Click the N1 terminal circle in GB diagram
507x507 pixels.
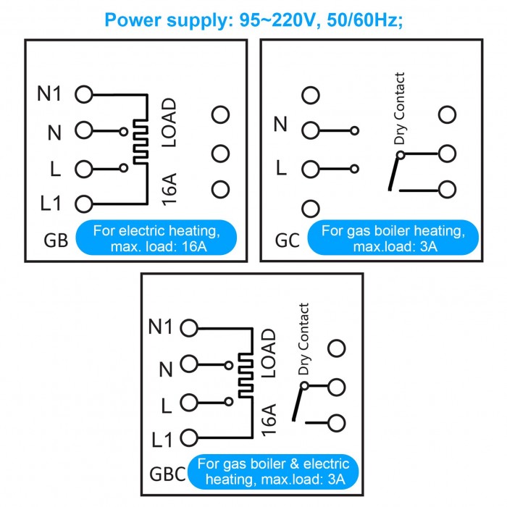(84, 94)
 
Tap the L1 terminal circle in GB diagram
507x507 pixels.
(84, 204)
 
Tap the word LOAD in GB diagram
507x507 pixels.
(168, 123)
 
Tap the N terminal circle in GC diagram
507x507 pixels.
(311, 130)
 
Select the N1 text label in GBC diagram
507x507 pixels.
(160, 327)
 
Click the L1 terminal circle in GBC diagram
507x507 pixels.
(189, 437)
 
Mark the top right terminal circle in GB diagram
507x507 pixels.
(221, 114)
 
